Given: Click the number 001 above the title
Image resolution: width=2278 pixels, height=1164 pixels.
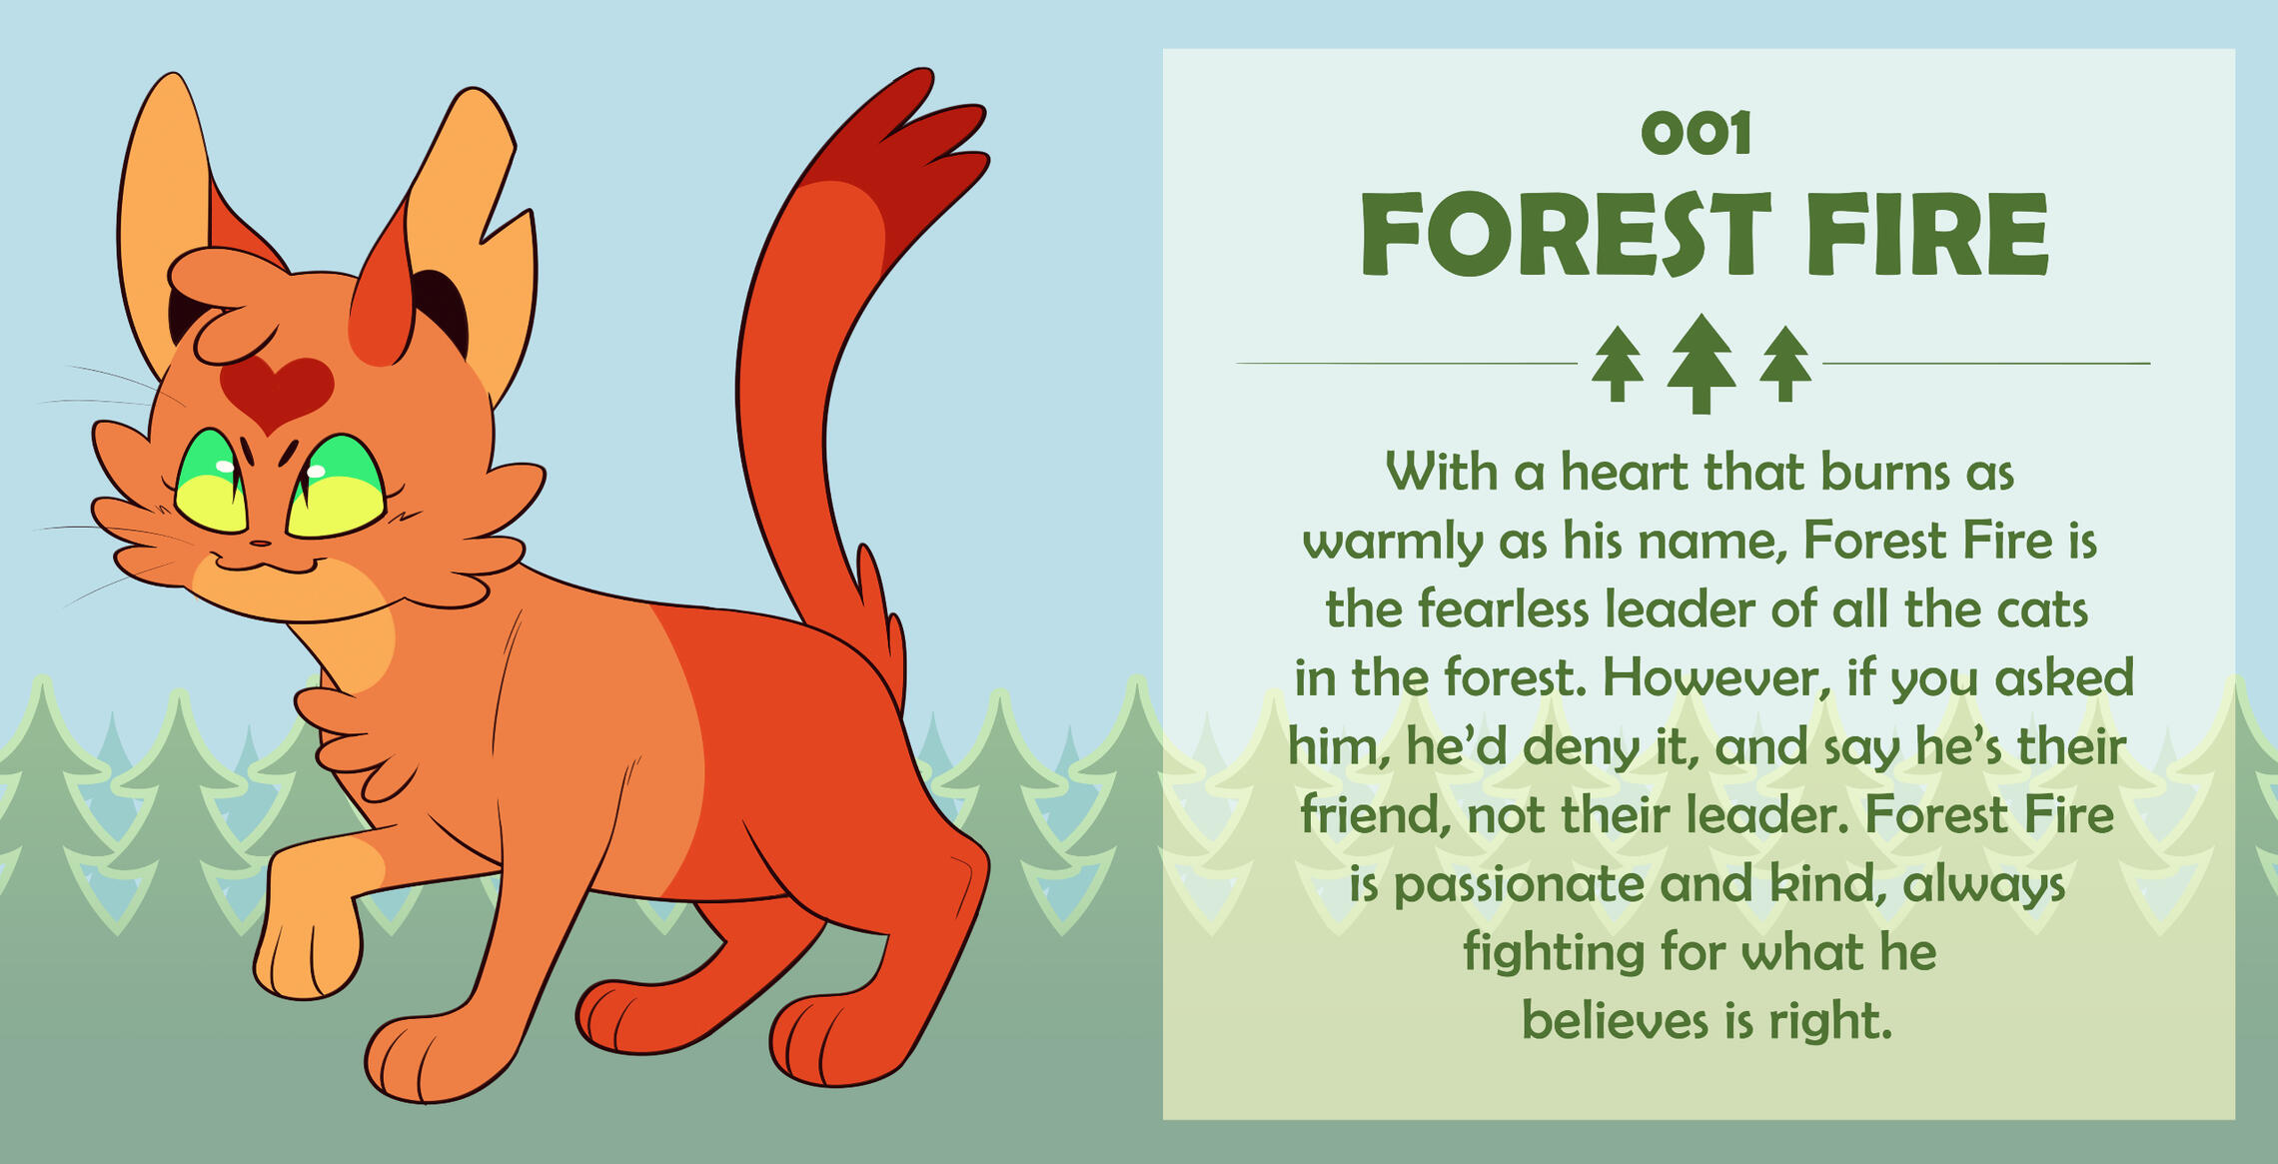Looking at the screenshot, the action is pos(1697,134).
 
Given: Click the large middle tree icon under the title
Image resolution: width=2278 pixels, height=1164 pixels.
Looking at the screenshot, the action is pos(1702,363).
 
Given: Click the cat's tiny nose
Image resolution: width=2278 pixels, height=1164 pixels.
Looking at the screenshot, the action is pos(260,544).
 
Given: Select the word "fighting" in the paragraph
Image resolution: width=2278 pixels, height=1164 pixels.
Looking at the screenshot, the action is pos(1554,953).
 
